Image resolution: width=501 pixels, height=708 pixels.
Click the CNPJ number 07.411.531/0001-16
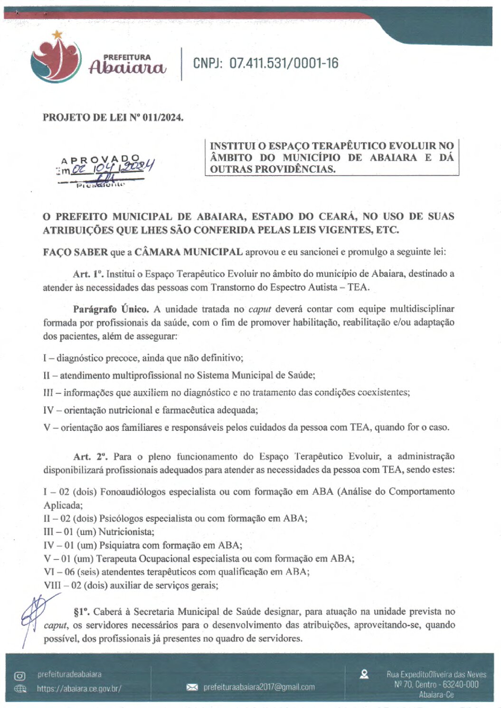[284, 63]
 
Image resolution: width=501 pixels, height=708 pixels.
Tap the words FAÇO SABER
[76, 252]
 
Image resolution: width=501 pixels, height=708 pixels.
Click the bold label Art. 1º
[88, 274]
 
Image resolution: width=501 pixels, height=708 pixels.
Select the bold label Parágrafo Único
[111, 309]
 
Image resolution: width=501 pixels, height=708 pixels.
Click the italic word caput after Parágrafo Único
[259, 309]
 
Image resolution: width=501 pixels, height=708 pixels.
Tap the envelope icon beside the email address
[192, 687]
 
